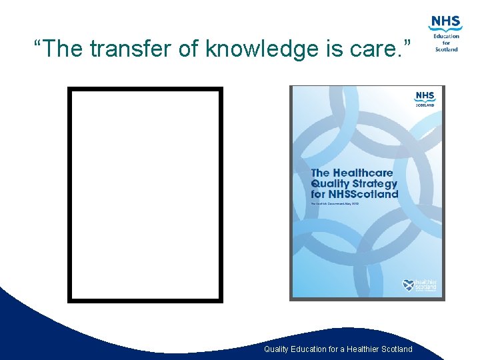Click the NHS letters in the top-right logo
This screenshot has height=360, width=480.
446,22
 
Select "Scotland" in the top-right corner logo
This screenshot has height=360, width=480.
447,49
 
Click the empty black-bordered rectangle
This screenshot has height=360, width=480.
145,195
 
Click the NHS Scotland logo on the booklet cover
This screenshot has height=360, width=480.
425,99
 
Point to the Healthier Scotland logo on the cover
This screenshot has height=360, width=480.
419,285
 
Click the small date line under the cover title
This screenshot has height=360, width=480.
335,203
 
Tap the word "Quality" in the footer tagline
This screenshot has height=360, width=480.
277,349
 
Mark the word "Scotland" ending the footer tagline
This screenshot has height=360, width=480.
397,349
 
